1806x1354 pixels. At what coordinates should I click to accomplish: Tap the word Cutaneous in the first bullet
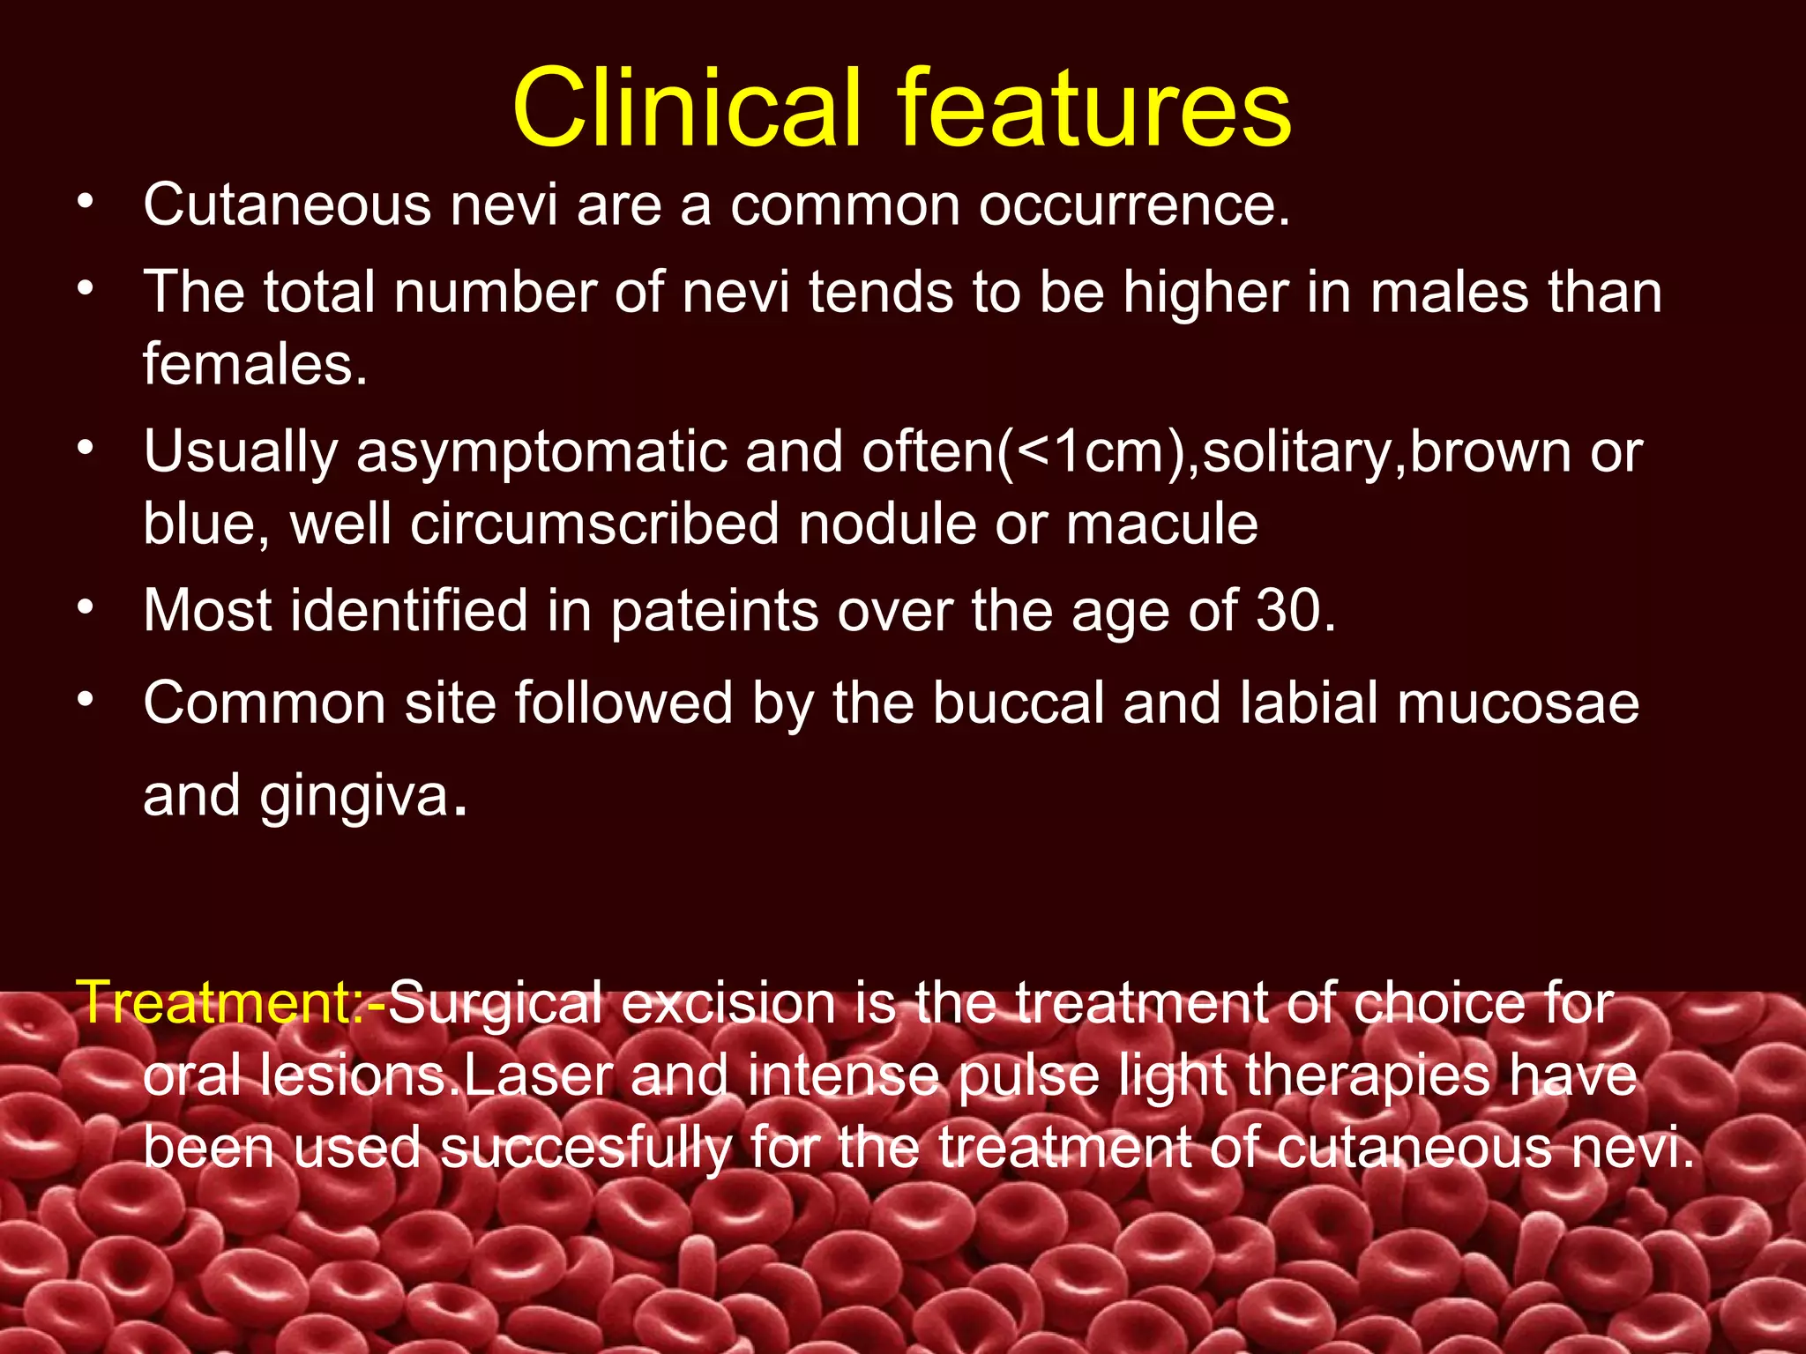click(x=287, y=205)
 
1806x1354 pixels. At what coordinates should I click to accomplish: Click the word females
click(x=253, y=364)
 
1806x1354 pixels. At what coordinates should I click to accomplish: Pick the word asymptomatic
click(x=541, y=452)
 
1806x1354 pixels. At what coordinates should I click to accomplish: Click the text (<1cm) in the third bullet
click(x=1098, y=452)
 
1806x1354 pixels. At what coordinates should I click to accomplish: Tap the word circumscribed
click(x=594, y=524)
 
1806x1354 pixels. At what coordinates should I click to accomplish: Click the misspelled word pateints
click(x=714, y=610)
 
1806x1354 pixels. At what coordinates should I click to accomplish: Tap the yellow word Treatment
click(x=216, y=1002)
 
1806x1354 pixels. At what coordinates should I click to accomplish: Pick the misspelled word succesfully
click(x=586, y=1148)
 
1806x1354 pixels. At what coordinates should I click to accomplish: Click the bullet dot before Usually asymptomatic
click(x=85, y=448)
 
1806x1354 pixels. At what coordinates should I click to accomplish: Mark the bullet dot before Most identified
click(x=85, y=606)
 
